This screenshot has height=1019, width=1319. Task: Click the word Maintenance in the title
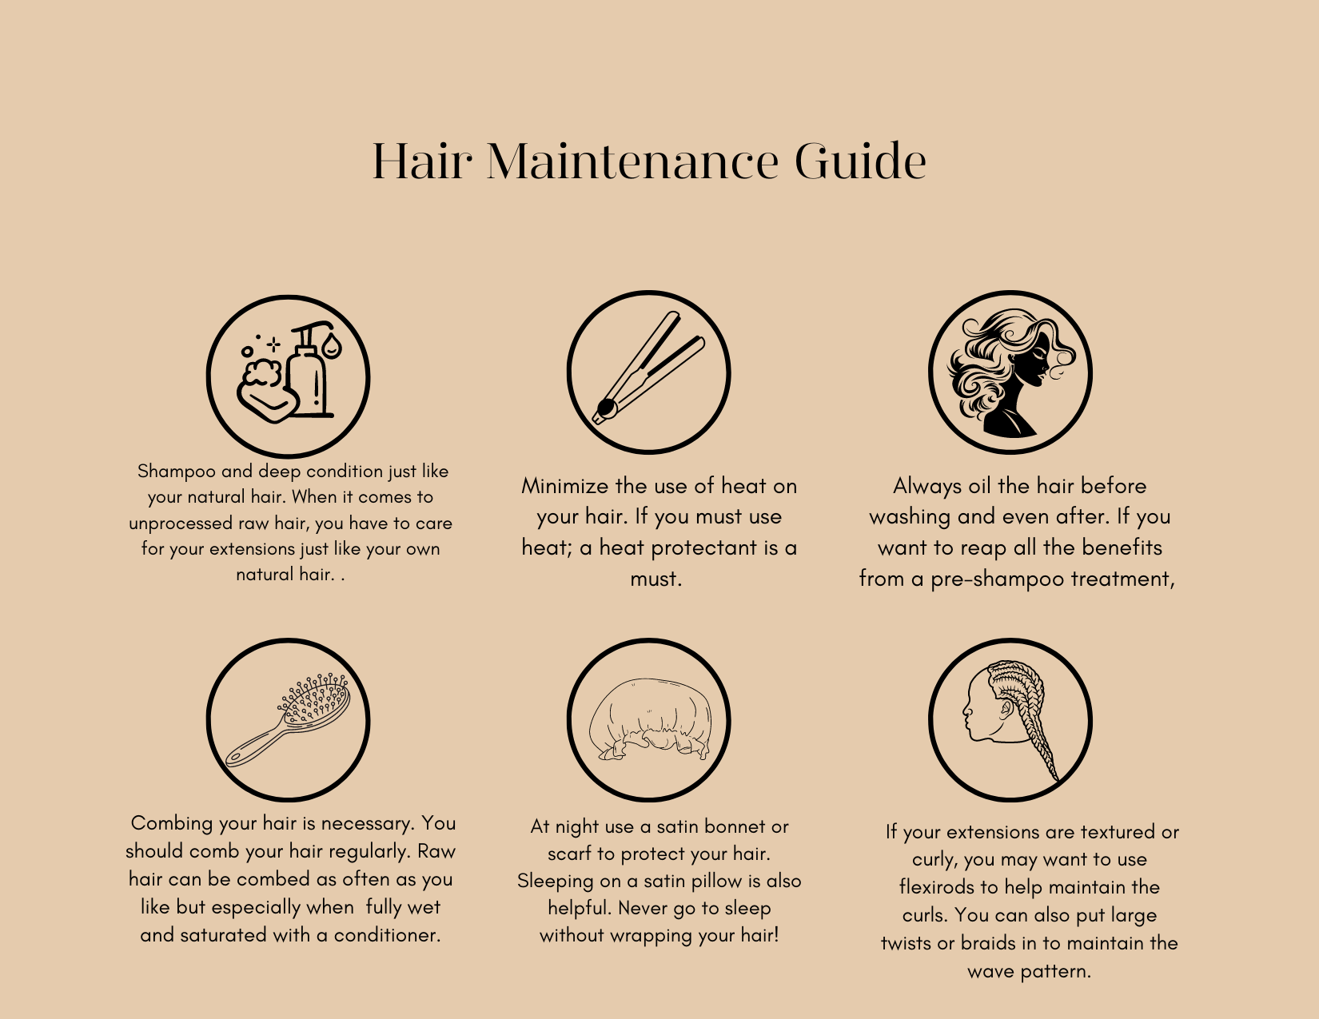click(632, 161)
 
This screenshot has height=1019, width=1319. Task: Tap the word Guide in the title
click(861, 161)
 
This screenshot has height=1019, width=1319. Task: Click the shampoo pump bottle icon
click(309, 370)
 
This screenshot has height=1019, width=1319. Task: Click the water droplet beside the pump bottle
click(332, 345)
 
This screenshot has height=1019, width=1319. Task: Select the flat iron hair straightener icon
click(648, 368)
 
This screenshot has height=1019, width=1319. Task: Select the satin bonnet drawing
click(649, 719)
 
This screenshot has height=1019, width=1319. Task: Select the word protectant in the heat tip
click(711, 548)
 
